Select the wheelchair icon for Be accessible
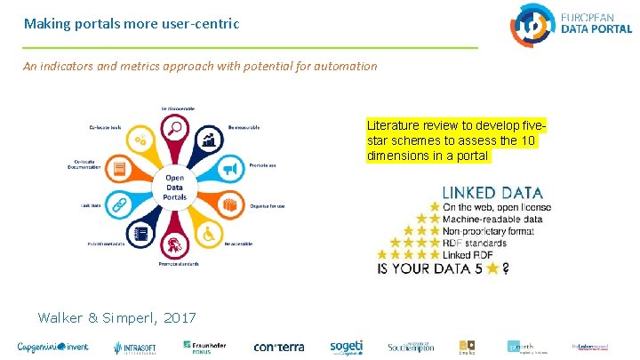click(x=209, y=234)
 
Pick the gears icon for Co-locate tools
click(x=140, y=140)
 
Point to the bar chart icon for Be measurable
click(x=209, y=139)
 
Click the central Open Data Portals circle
click(x=175, y=188)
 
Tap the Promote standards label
click(x=178, y=264)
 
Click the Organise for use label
click(x=267, y=206)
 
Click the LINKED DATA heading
click(x=492, y=192)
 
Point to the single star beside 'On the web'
click(x=435, y=207)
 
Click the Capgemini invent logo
click(x=52, y=347)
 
